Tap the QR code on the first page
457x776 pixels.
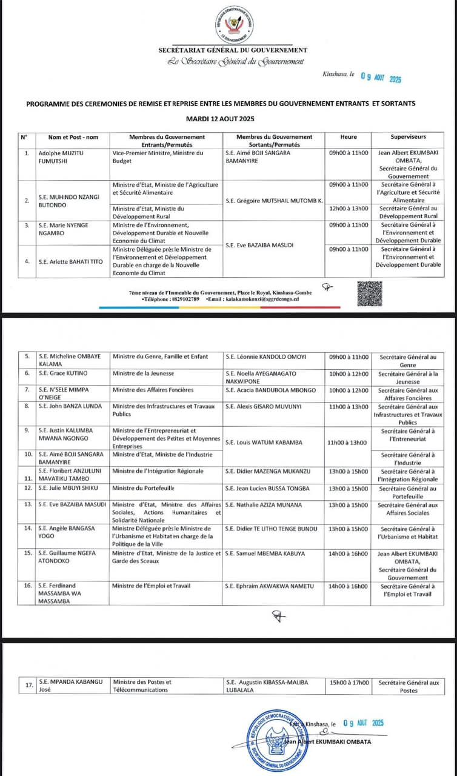click(x=370, y=294)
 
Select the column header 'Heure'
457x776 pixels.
click(x=349, y=137)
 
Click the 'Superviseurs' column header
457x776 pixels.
click(x=408, y=137)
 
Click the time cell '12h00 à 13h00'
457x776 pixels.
click(x=349, y=208)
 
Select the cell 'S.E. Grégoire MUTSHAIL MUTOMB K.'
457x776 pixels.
click(x=274, y=199)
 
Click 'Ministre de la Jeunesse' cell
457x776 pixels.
click(x=144, y=373)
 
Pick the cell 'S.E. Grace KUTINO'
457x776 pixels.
click(x=61, y=373)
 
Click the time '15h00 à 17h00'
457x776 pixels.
click(x=349, y=682)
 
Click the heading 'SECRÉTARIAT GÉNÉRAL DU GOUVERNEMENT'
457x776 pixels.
click(x=233, y=50)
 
